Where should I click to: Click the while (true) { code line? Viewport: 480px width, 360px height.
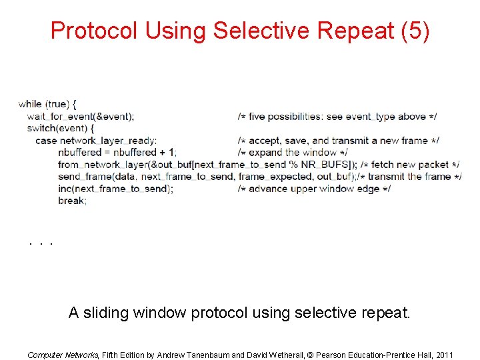[x=47, y=104]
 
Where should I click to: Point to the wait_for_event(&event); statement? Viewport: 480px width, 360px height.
[x=80, y=116]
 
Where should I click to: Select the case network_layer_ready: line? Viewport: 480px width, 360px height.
[x=96, y=141]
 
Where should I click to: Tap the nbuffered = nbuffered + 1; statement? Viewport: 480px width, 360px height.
[x=117, y=153]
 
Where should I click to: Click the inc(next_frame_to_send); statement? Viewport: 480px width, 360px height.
[x=116, y=189]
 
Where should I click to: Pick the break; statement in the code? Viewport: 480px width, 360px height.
[x=72, y=201]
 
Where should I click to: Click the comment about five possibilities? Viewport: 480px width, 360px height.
[x=337, y=117]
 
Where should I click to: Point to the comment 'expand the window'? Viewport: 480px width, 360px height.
[x=293, y=153]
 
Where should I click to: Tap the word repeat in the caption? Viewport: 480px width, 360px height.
[x=379, y=312]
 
